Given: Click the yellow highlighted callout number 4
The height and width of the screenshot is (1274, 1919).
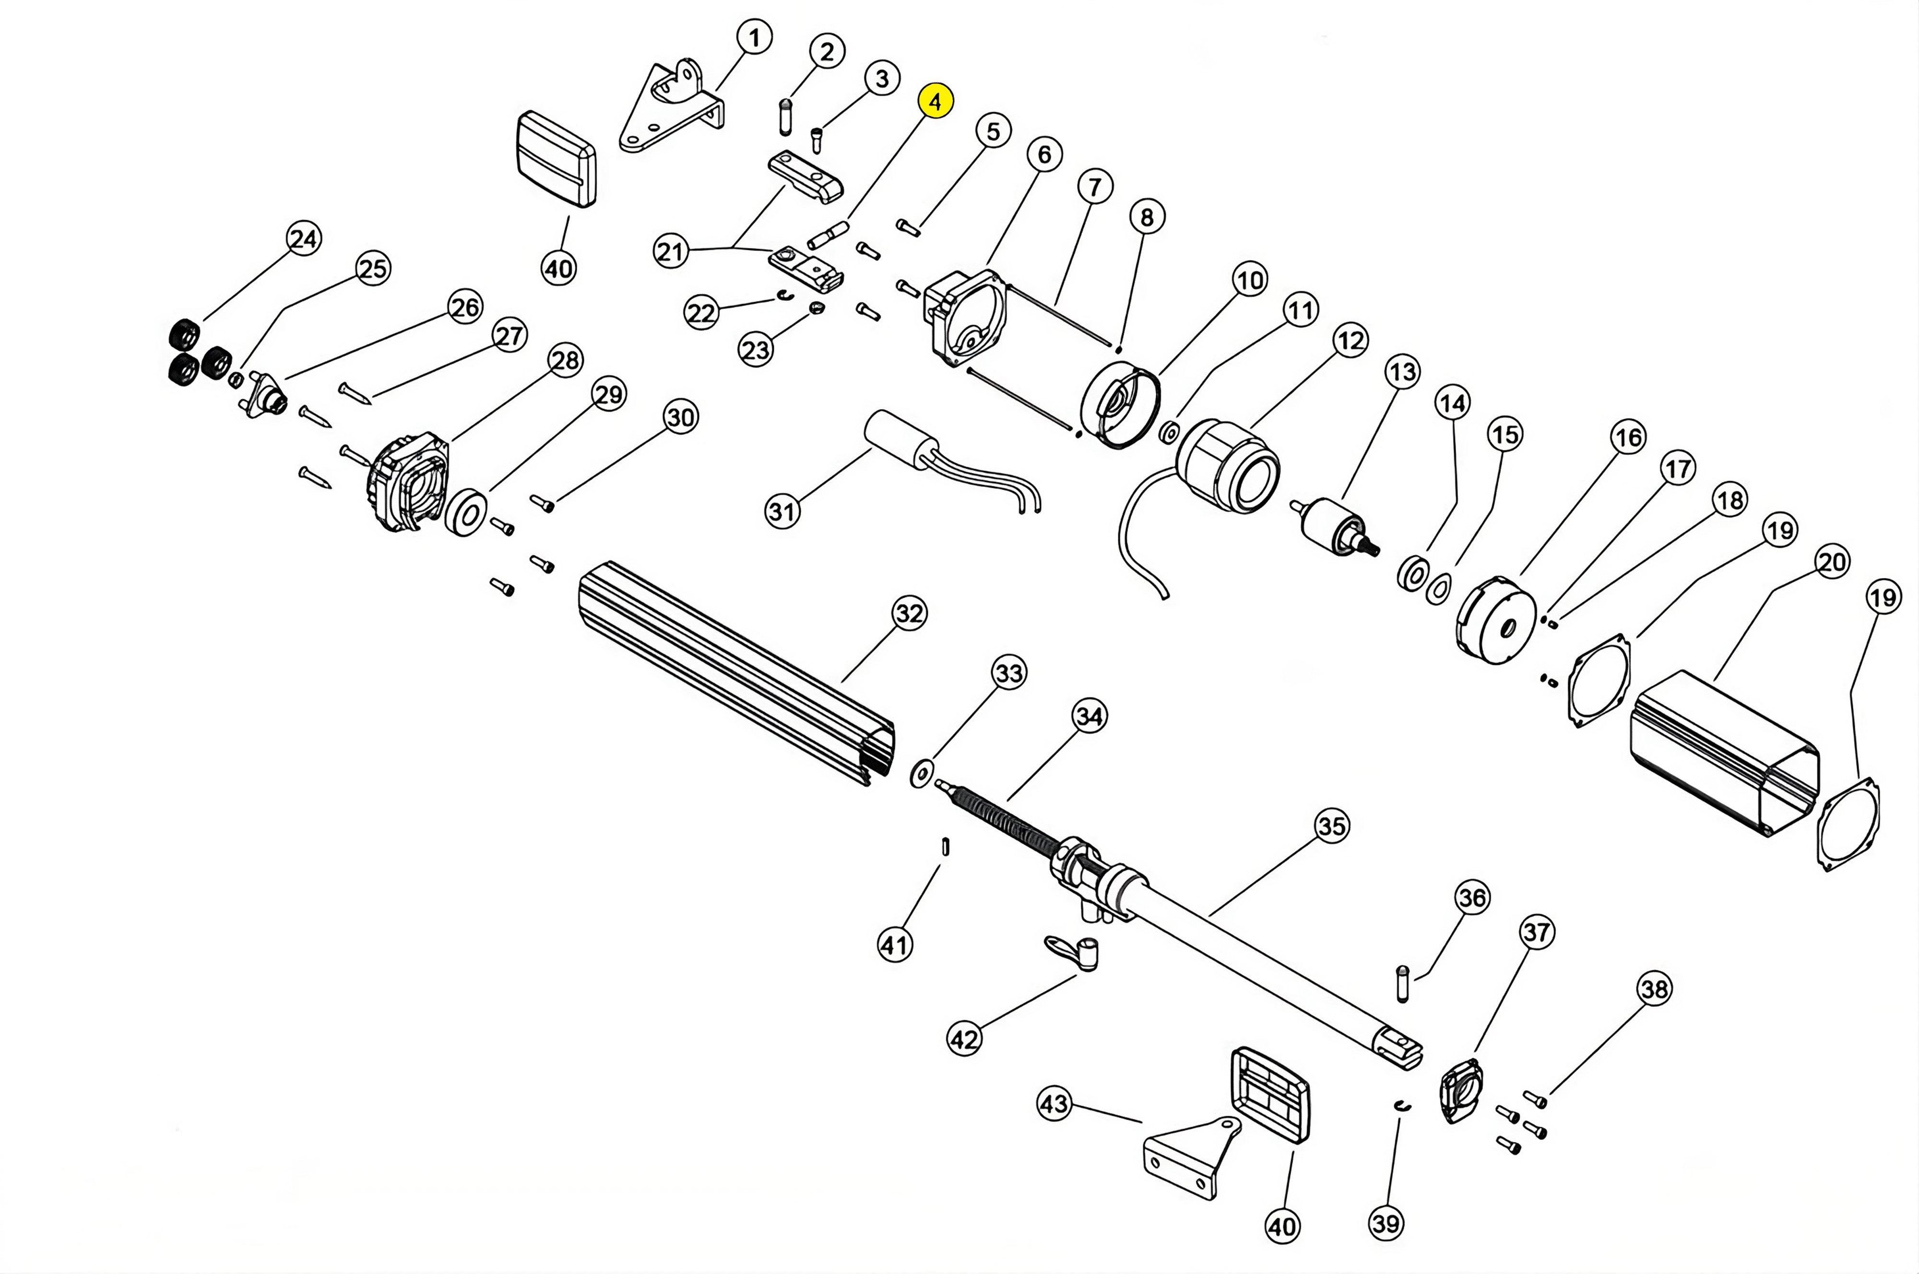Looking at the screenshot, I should point(935,102).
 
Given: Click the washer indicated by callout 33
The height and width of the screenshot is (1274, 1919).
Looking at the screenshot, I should point(921,774).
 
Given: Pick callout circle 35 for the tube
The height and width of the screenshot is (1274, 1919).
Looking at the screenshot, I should point(1331,826).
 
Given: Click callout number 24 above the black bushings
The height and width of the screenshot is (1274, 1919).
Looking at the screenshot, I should point(304,239).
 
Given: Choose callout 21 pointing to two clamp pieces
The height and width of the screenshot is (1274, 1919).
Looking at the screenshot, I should point(671,251).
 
